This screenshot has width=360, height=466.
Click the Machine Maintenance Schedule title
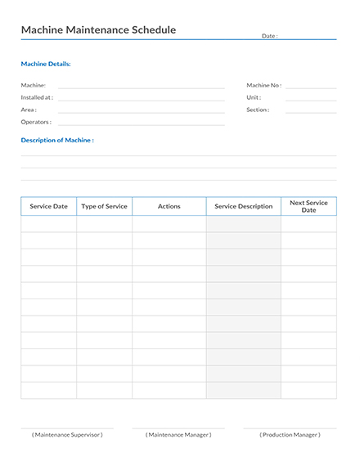98,30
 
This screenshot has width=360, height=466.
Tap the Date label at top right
269,36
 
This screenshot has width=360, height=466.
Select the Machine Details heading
46,64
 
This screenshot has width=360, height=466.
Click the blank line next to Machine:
141,87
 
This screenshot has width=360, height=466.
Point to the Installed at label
37,97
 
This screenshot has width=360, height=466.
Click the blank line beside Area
141,111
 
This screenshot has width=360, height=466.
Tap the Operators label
36,122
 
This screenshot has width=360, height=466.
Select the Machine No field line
311,87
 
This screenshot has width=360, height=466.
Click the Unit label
254,97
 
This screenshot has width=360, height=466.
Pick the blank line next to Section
311,111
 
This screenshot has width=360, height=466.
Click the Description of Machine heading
57,141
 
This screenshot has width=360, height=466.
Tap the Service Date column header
49,207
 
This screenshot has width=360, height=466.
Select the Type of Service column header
105,207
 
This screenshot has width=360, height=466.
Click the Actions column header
169,207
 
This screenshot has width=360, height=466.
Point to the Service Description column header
244,207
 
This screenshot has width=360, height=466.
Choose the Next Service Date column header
308,206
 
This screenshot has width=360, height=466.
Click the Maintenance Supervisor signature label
67,435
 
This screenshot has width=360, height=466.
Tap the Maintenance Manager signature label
178,435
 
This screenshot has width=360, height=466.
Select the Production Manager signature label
290,435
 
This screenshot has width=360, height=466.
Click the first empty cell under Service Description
244,224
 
